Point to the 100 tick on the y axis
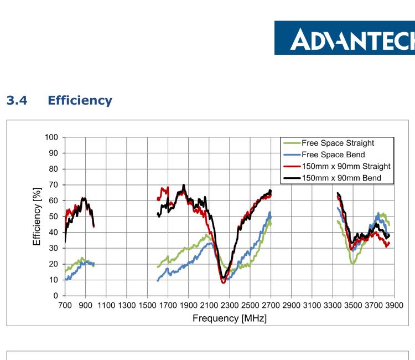click(x=53, y=137)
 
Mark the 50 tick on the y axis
click(x=55, y=217)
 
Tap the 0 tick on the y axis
click(x=58, y=296)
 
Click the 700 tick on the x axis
click(x=65, y=305)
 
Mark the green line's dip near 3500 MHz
click(x=352, y=264)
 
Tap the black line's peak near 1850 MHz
click(x=183, y=185)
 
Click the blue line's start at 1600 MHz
click(x=158, y=281)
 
